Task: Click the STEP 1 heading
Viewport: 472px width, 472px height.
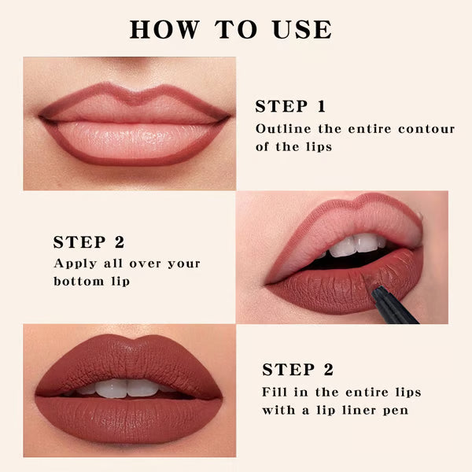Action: click(x=290, y=107)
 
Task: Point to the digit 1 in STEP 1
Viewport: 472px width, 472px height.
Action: click(x=320, y=107)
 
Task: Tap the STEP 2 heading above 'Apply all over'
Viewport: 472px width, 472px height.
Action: click(x=89, y=242)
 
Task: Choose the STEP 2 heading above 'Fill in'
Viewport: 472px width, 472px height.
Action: click(x=298, y=370)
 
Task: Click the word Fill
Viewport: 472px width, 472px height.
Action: click(x=276, y=392)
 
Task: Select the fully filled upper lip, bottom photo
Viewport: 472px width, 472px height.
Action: click(x=126, y=362)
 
